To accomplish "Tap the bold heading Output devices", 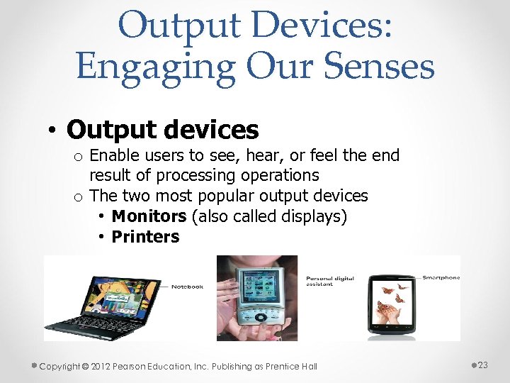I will click(162, 130).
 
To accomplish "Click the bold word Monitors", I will click(149, 216).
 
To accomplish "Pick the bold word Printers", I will click(145, 237).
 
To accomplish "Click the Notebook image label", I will click(187, 287).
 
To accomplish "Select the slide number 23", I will click(483, 365).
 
